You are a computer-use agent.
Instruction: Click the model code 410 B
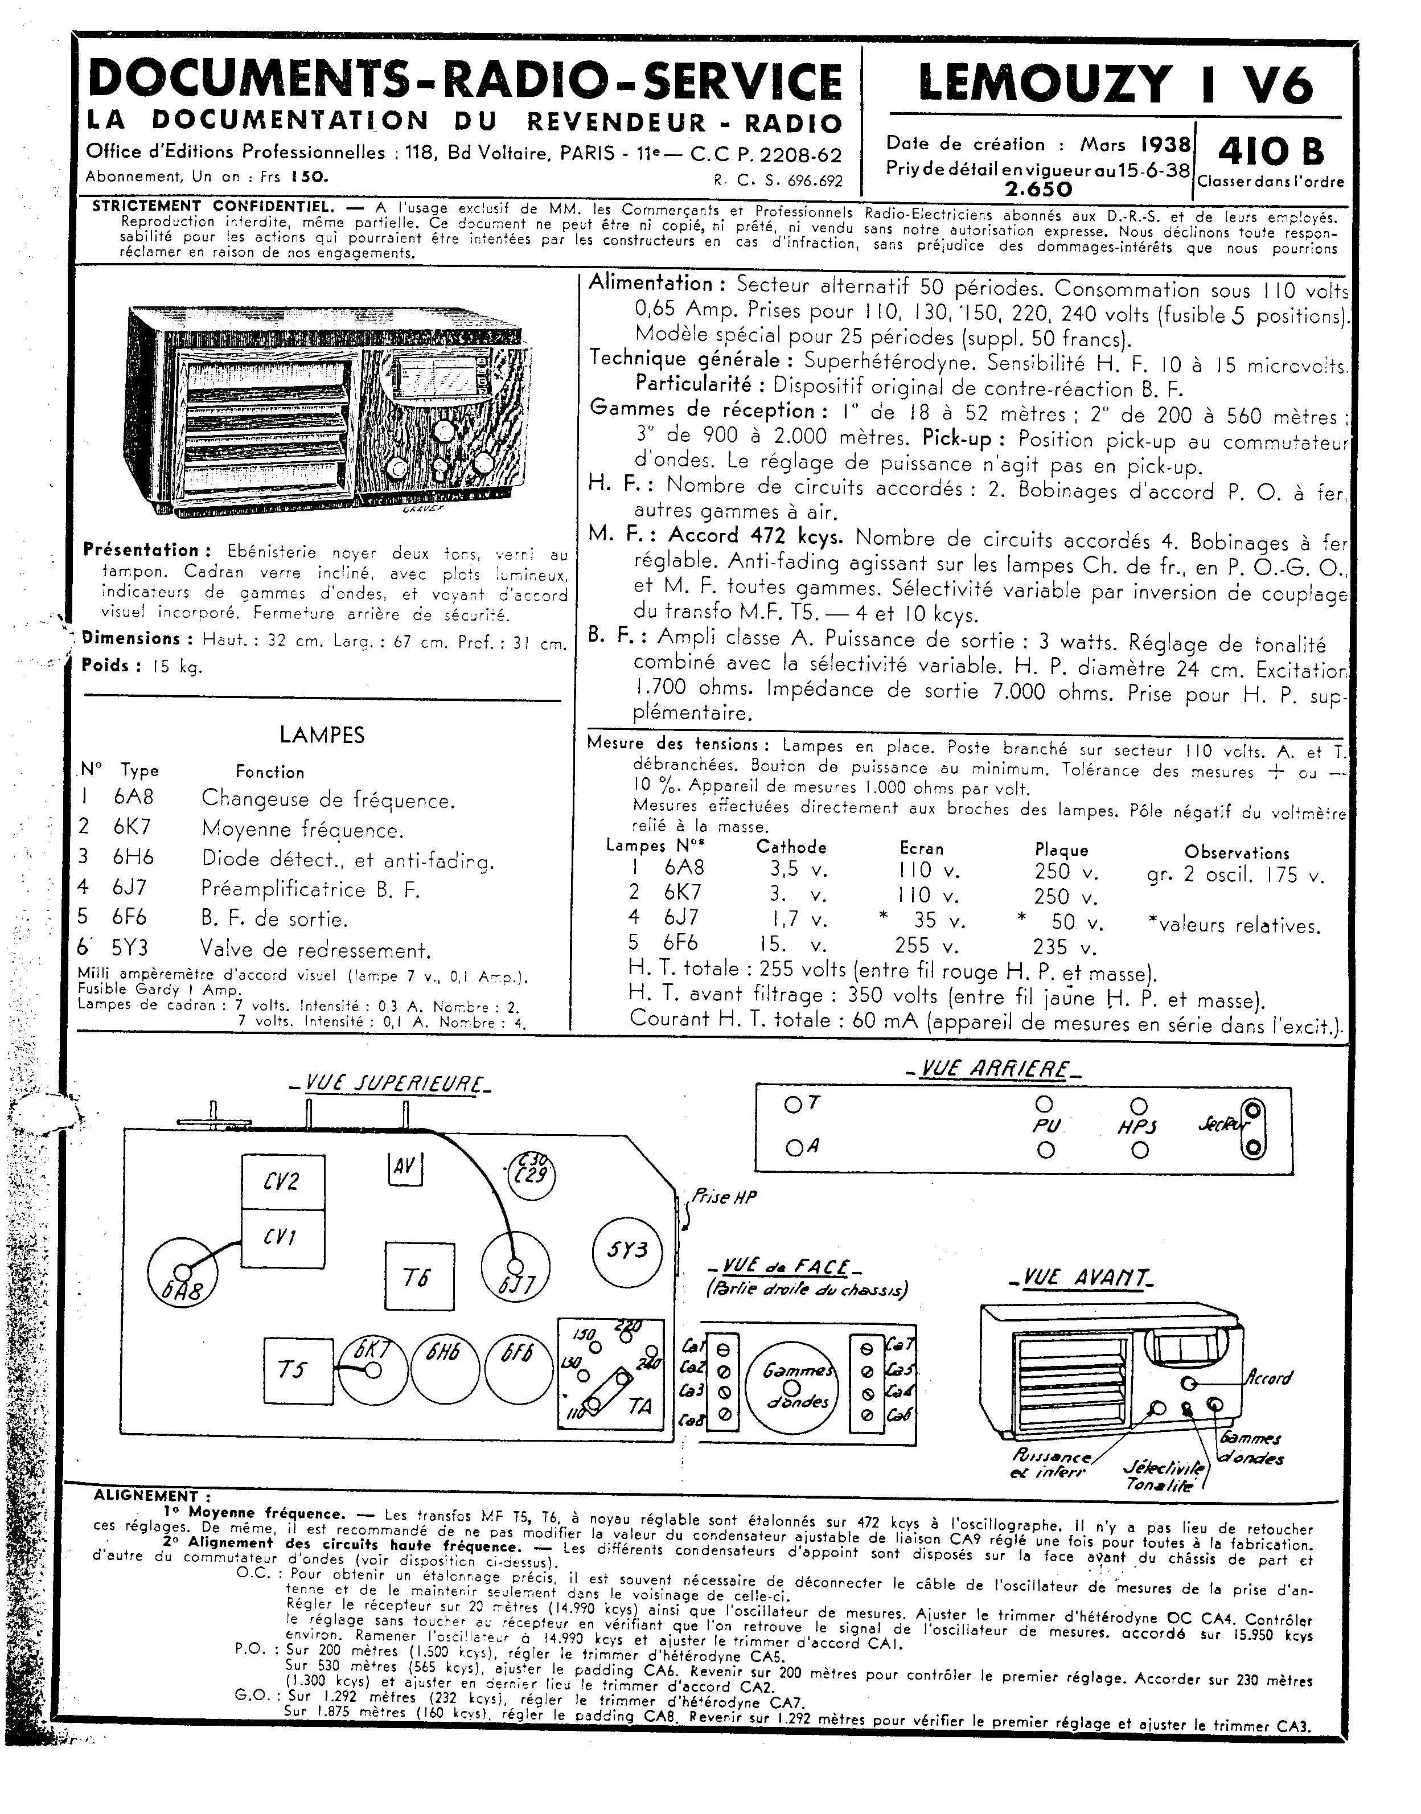(1270, 151)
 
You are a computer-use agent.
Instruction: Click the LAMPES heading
(322, 734)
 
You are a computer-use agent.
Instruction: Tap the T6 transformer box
(420, 1277)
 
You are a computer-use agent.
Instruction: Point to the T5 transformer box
(298, 1370)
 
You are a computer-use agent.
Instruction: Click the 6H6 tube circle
(444, 1370)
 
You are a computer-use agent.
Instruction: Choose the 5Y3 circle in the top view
(628, 1251)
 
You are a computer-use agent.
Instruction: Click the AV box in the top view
(405, 1167)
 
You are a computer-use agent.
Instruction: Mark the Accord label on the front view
(1270, 1377)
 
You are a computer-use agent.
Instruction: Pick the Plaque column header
(1062, 849)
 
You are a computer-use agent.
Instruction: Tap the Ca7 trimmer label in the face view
(900, 1344)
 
